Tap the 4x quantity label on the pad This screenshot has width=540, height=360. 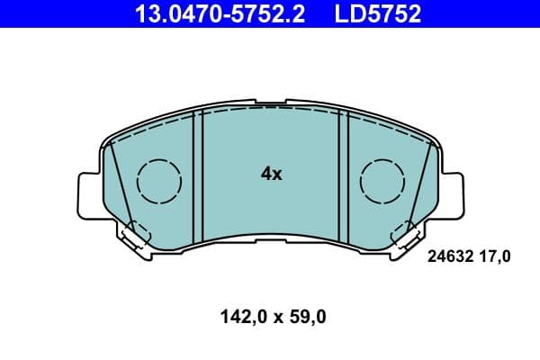[x=271, y=174]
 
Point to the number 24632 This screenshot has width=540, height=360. [x=447, y=256]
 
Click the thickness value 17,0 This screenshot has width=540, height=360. [x=495, y=256]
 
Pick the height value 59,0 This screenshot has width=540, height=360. [x=308, y=316]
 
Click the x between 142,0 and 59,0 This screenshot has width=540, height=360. [x=277, y=317]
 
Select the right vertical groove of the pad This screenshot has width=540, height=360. [x=343, y=180]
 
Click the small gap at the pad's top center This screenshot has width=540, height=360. [x=271, y=104]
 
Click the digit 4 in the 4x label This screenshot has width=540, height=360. [x=265, y=174]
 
